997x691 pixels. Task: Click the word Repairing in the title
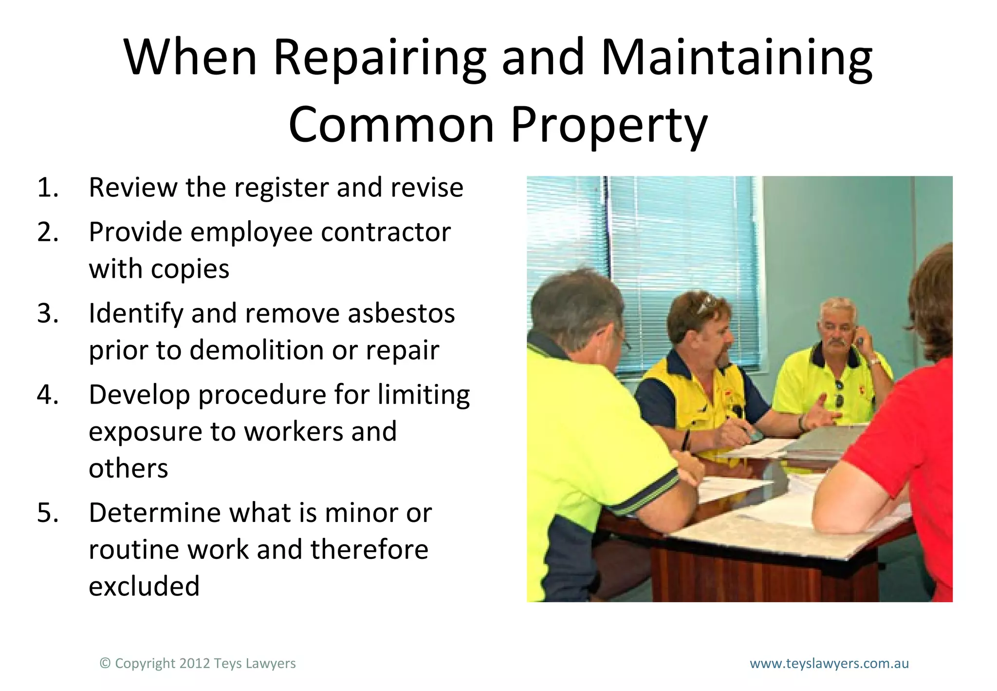pyautogui.click(x=379, y=58)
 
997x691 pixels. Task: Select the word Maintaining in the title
pyautogui.click(x=737, y=58)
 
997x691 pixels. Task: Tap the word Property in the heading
pyautogui.click(x=609, y=125)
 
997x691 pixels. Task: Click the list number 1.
pyautogui.click(x=47, y=188)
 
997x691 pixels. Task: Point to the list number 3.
pyautogui.click(x=47, y=313)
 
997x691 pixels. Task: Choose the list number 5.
pyautogui.click(x=47, y=513)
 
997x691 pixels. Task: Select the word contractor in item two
pyautogui.click(x=386, y=232)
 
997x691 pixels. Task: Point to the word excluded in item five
pyautogui.click(x=144, y=586)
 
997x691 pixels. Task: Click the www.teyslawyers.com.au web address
pyautogui.click(x=829, y=663)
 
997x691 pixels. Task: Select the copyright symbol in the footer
pyautogui.click(x=105, y=663)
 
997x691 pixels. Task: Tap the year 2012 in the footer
pyautogui.click(x=195, y=663)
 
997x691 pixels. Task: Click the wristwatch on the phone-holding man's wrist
pyautogui.click(x=874, y=362)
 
